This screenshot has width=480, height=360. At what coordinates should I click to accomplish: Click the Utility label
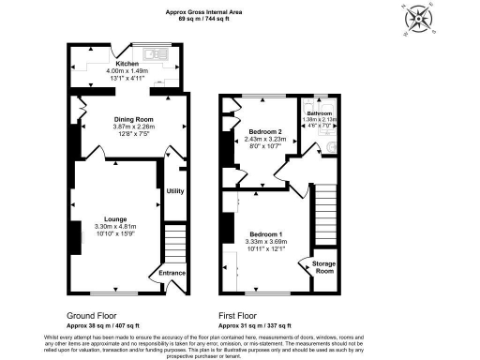tap(174, 191)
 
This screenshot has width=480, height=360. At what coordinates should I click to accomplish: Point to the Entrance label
tap(172, 273)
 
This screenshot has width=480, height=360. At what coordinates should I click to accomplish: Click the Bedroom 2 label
tap(265, 132)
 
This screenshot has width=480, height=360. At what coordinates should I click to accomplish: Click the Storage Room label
tap(323, 268)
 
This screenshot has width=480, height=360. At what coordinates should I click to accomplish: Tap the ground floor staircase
tap(174, 243)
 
